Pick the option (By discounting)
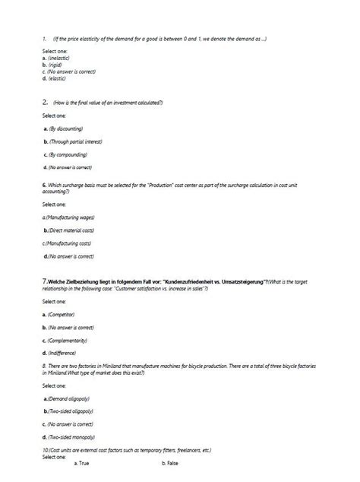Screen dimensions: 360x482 click(x=64, y=128)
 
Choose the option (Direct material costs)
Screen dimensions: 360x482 click(x=70, y=230)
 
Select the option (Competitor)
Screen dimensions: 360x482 click(x=62, y=313)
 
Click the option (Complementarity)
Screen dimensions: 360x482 click(x=67, y=340)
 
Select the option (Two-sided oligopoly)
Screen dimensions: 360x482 click(x=71, y=411)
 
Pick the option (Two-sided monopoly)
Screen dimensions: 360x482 click(x=71, y=437)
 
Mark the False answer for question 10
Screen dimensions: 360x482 click(x=170, y=463)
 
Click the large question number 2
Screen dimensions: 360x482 click(x=45, y=101)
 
